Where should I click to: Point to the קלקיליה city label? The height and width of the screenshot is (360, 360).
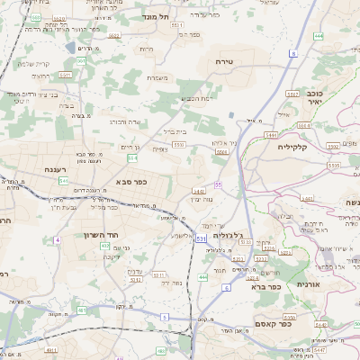pos(293,146)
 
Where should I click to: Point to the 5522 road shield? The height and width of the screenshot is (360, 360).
pos(332,145)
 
